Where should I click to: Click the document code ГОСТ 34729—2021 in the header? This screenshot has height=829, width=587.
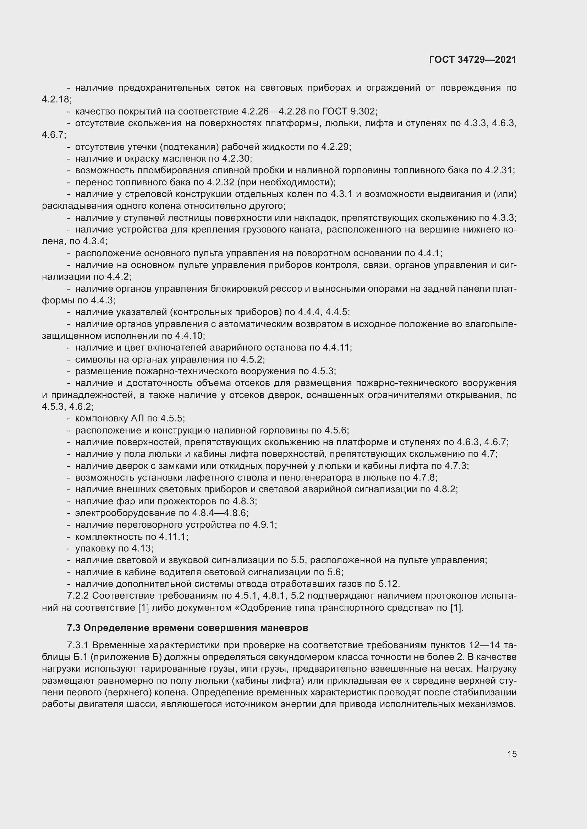(x=473, y=60)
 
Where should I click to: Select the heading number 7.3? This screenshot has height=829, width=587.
(x=74, y=628)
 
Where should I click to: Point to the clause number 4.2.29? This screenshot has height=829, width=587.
(x=336, y=147)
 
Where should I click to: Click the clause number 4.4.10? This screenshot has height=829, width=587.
(x=190, y=336)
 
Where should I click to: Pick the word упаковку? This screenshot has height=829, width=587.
(x=95, y=549)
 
